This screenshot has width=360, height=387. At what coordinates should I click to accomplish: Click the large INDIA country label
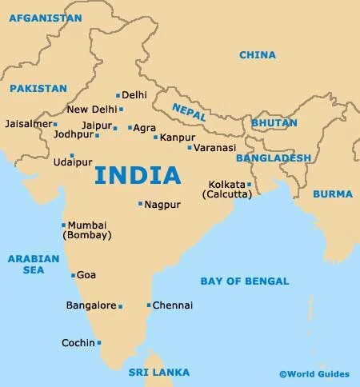pos(137,174)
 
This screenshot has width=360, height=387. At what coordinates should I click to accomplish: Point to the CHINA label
pos(258,55)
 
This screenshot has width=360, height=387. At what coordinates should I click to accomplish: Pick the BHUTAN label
pos(274,123)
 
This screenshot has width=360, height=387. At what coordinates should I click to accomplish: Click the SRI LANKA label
pos(159,373)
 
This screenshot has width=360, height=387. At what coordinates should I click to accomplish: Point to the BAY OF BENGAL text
pos(238,281)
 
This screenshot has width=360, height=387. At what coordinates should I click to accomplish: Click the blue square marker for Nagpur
pos(140,204)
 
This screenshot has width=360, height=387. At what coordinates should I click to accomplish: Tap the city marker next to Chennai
pos(148,305)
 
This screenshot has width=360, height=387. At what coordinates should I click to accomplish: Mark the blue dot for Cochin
pos(99,343)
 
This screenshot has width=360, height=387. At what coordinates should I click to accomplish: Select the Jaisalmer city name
pos(27,124)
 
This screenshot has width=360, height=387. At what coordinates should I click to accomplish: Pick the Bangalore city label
pos(90,305)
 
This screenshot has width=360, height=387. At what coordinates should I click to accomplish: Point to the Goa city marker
pos(73,275)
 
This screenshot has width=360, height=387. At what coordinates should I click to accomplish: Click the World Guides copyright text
pos(314,373)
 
